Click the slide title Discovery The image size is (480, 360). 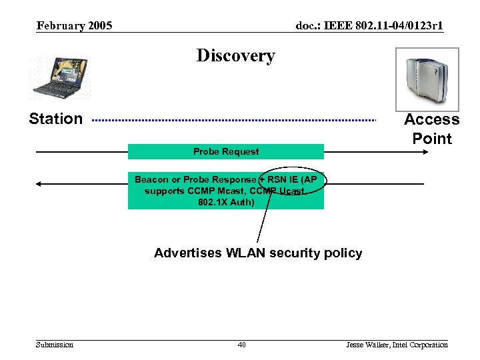(235, 56)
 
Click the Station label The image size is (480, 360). (56, 119)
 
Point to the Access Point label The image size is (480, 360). (431, 129)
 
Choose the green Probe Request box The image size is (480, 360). (226, 152)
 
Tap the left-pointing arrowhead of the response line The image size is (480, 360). (39, 183)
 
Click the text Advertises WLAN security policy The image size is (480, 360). (258, 253)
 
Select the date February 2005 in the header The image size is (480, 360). (74, 26)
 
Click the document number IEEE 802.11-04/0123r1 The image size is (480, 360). (369, 26)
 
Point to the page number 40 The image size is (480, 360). (241, 345)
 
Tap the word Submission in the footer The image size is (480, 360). (55, 345)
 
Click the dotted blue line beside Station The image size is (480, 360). (233, 120)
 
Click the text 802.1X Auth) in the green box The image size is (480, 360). (226, 201)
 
